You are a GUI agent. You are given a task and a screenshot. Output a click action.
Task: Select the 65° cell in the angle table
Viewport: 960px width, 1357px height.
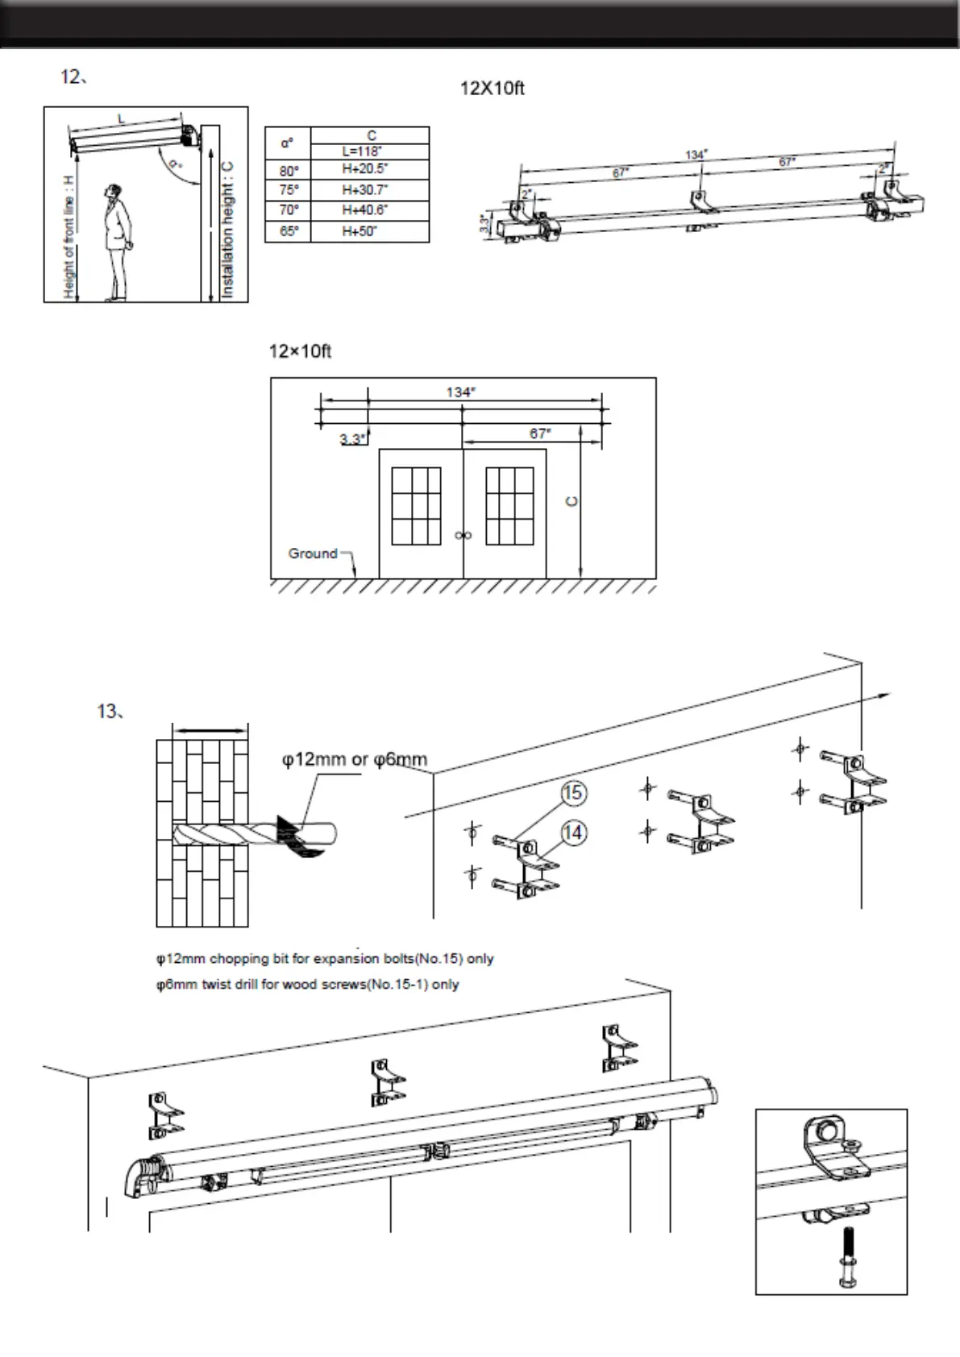tap(288, 230)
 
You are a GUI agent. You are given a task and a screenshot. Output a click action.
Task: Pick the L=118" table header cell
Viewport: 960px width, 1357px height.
tap(369, 151)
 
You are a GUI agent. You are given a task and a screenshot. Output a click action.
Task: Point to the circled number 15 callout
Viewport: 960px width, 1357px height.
tap(572, 793)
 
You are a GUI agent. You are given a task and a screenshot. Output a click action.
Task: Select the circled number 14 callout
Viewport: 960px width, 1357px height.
tap(572, 832)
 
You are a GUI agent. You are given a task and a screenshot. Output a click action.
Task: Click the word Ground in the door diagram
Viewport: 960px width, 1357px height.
tap(313, 554)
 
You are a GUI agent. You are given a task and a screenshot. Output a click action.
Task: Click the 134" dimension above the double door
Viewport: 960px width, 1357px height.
tap(460, 392)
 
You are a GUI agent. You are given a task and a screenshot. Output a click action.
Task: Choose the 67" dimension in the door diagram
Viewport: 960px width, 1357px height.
tap(540, 434)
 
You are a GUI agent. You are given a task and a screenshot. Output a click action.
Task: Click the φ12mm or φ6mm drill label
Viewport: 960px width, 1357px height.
tap(355, 759)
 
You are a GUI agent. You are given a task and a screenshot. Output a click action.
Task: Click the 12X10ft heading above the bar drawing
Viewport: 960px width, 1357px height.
tap(492, 89)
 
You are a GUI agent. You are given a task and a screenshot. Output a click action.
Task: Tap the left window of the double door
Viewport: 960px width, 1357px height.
tap(416, 506)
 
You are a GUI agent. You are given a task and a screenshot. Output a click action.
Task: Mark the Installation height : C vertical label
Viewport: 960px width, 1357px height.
tap(228, 230)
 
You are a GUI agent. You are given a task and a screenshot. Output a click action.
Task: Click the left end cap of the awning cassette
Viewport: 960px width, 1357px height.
tap(143, 1176)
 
